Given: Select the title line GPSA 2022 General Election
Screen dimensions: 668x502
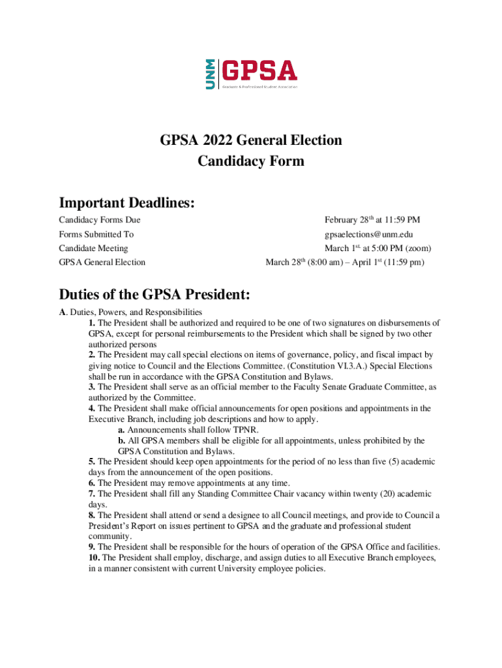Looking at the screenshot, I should point(251,140).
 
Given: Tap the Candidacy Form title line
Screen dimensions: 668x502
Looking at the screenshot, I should point(251,160).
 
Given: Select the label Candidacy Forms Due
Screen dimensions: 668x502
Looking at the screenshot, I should point(99,220).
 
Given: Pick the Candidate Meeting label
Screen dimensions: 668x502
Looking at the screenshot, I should point(93,249).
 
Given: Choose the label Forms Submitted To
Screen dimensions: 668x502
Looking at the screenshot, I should point(96,234).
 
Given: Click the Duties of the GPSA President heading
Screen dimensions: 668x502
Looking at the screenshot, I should point(155,294).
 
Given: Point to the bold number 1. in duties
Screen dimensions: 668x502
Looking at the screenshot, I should point(92,323).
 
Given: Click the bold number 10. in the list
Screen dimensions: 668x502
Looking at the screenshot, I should point(95,558).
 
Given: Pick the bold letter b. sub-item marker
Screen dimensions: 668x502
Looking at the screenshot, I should point(122,440).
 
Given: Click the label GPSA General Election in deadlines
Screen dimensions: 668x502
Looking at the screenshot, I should point(102,262).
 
